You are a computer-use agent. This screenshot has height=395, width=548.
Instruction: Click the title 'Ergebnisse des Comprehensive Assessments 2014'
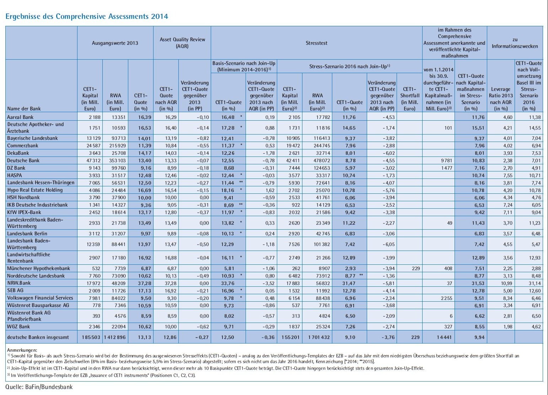[x=87, y=16]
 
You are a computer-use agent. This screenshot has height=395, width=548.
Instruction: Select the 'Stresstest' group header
[x=316, y=43]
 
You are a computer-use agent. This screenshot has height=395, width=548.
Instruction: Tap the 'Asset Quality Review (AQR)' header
[x=182, y=43]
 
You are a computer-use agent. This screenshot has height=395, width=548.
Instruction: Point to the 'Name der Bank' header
[x=24, y=109]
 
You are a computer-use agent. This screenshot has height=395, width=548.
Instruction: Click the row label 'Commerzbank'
[x=23, y=146]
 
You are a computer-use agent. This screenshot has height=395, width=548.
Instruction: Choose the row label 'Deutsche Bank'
[x=23, y=160]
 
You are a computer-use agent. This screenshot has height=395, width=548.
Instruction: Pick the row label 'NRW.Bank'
[x=19, y=283]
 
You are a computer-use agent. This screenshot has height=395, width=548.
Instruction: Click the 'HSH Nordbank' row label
[x=23, y=197]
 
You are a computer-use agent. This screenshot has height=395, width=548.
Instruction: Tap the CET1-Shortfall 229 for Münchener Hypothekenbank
[x=416, y=268]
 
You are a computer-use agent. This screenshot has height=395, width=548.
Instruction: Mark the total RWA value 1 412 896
[x=115, y=338]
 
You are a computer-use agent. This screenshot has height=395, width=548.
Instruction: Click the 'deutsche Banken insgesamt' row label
[x=38, y=338]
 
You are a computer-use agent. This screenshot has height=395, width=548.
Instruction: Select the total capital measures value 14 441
[x=443, y=338]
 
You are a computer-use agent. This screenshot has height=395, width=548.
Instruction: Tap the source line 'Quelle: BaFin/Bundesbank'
[x=39, y=387]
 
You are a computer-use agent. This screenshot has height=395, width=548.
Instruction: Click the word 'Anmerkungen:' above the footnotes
[x=22, y=350]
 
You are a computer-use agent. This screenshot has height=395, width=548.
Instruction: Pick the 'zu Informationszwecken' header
[x=515, y=43]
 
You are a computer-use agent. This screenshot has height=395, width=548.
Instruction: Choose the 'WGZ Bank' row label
[x=18, y=327]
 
